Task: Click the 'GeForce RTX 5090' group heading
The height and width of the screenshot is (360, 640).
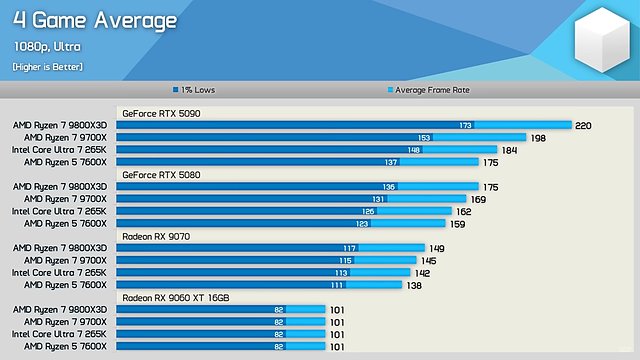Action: point(161,114)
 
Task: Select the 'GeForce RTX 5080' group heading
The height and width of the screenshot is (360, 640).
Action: point(161,174)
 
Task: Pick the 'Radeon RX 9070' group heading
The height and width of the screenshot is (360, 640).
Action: point(157,236)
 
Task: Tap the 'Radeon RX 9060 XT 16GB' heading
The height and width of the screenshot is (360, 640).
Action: point(176,298)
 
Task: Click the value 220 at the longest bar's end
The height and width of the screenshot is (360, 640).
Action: point(585,126)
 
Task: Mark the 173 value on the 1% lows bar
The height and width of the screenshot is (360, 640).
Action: point(465,126)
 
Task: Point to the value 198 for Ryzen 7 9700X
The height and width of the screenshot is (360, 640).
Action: point(538,138)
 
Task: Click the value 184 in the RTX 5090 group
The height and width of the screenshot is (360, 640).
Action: point(509,150)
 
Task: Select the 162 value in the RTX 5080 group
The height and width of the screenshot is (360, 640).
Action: point(463,211)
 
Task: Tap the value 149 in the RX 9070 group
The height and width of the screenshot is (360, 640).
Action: point(437,248)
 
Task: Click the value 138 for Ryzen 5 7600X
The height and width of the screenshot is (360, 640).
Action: point(414,285)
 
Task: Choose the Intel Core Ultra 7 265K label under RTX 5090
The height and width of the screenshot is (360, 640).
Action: point(59,150)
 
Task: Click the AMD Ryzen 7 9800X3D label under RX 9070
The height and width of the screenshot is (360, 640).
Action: point(59,248)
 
